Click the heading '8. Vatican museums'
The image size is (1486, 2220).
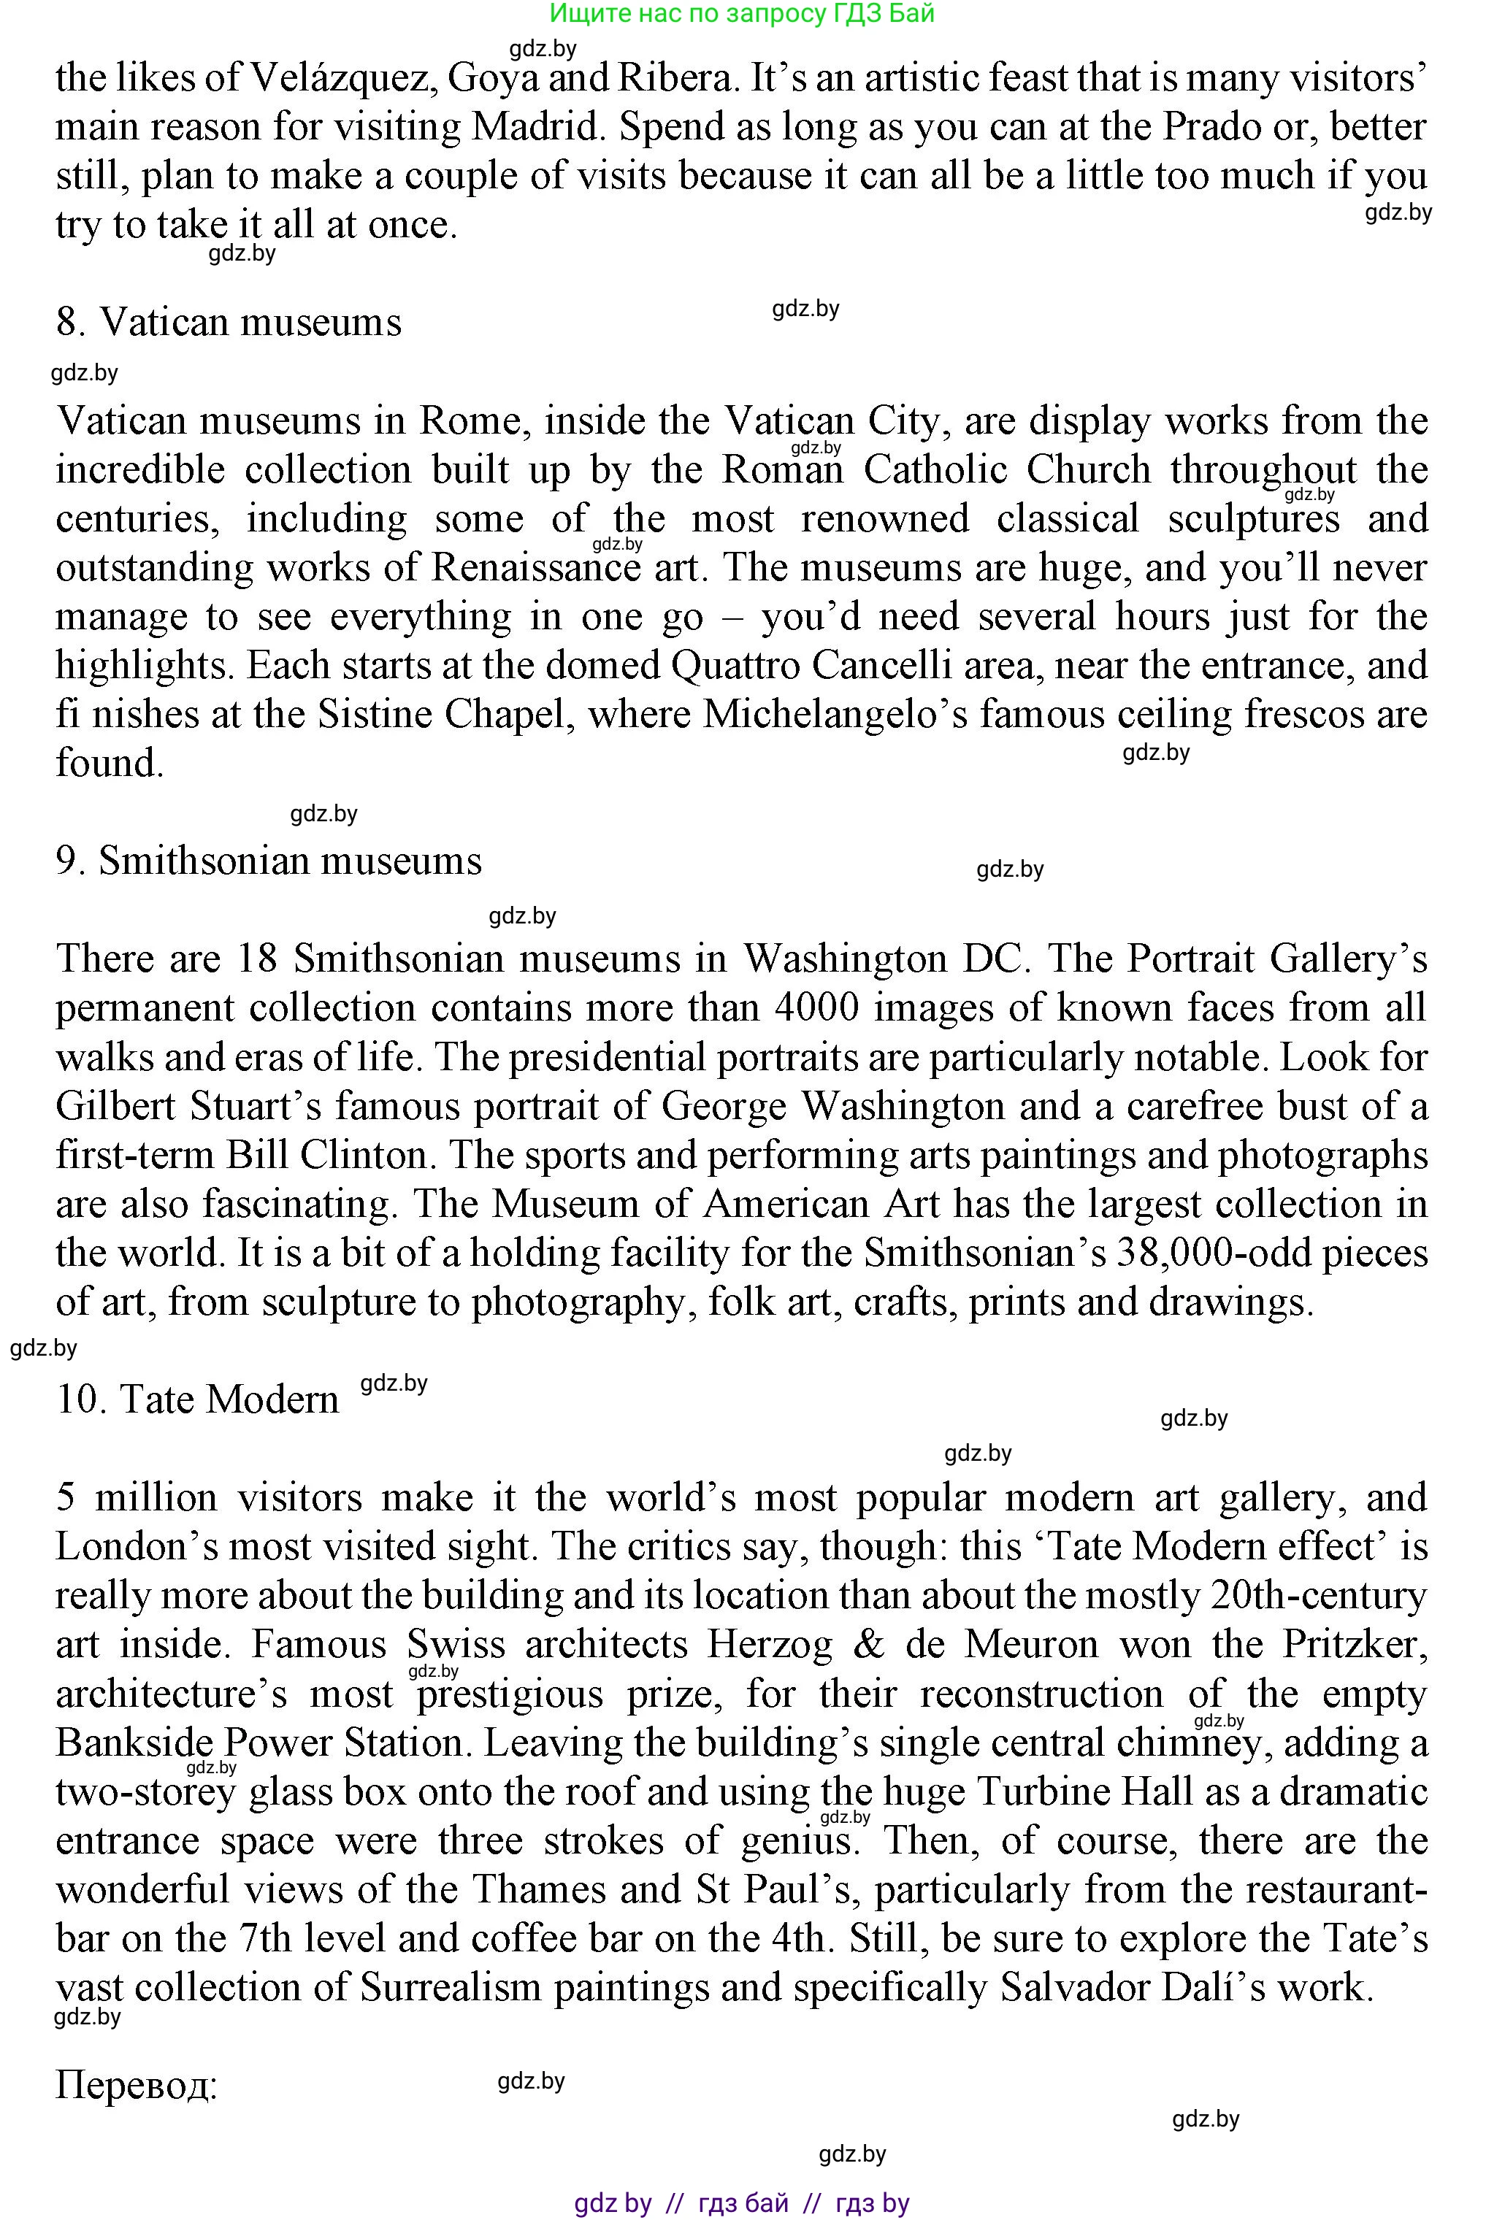pos(229,322)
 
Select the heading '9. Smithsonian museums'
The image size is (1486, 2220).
pos(269,861)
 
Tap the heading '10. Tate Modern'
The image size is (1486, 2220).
pos(197,1399)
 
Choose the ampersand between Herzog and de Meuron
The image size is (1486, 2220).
pos(869,1644)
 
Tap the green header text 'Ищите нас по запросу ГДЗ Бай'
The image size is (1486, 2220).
pos(742,13)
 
